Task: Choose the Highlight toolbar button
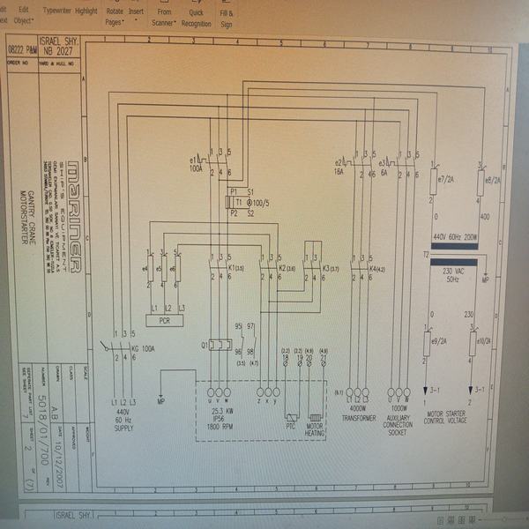86,11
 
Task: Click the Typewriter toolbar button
56,11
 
